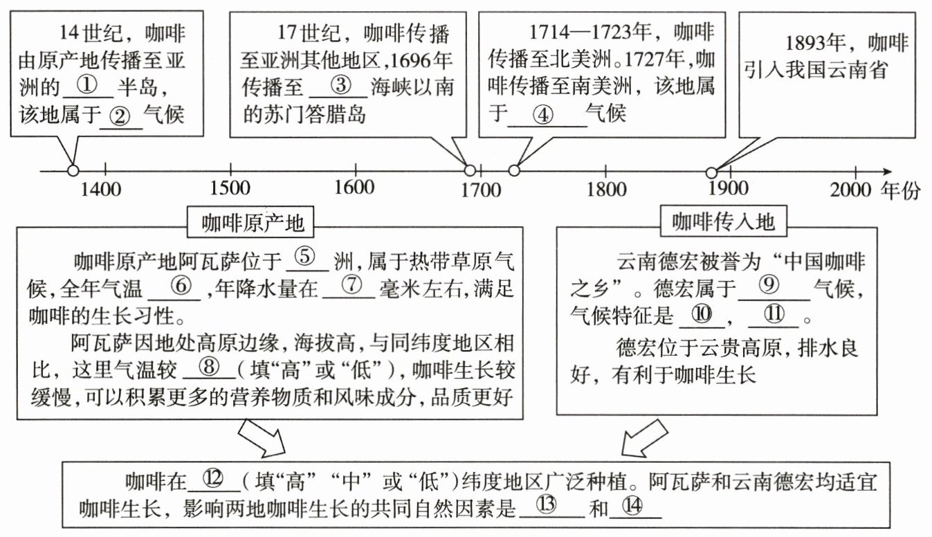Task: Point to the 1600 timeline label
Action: point(355,188)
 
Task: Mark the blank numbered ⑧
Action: point(208,369)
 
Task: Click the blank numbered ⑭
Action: point(636,507)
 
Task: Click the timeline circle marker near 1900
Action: point(711,172)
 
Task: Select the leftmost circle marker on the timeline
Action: point(73,171)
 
